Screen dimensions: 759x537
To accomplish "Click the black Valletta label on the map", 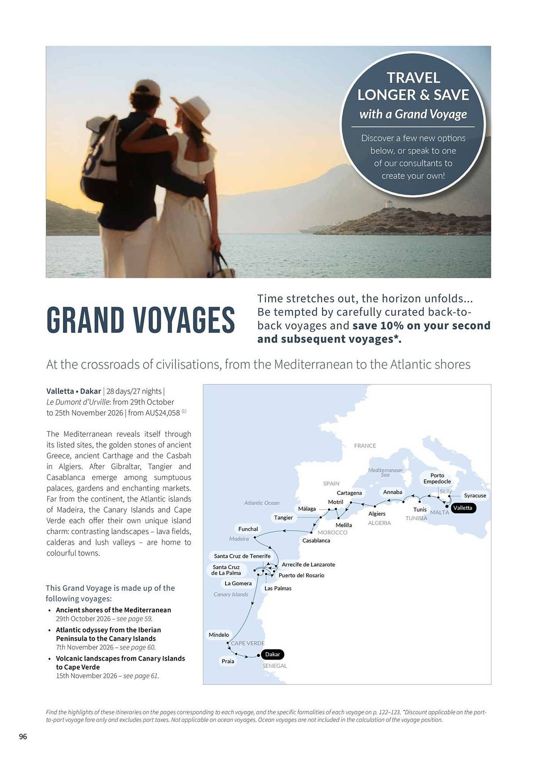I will point(462,508).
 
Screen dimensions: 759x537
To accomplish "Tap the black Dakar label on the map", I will point(272,654).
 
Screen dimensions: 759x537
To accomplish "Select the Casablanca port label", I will point(316,540).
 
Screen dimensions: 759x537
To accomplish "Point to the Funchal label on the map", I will point(248,529).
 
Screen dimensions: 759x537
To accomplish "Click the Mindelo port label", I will point(219,635).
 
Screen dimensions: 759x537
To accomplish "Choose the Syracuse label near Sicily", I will point(475,496).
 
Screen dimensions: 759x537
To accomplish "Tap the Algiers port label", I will point(377,513).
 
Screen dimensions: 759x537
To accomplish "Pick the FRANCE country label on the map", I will point(365,446).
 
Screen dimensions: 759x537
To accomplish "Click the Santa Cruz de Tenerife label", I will point(242,556).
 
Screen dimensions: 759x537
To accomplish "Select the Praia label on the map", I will point(228,661).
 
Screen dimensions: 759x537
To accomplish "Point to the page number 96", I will point(23,737).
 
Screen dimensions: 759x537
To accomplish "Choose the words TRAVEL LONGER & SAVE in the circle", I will point(413,87).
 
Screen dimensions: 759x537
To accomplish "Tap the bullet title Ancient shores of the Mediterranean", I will point(113,610).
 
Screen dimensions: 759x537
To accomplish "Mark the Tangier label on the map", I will point(283,518).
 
